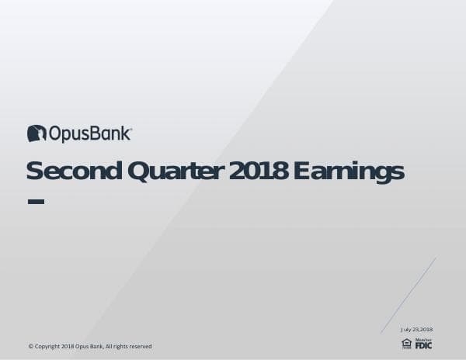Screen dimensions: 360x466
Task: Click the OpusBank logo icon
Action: pyautogui.click(x=37, y=133)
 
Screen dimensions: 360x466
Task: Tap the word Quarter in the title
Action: pyautogui.click(x=176, y=171)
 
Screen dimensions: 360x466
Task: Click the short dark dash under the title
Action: pyautogui.click(x=36, y=202)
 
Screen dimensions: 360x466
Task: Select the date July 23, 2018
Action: pyautogui.click(x=416, y=330)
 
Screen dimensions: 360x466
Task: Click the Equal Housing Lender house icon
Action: pyautogui.click(x=406, y=343)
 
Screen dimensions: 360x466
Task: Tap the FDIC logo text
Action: pyautogui.click(x=423, y=344)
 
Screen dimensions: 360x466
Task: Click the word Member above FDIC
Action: pyautogui.click(x=423, y=339)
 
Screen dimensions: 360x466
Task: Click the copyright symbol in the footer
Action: pyautogui.click(x=30, y=346)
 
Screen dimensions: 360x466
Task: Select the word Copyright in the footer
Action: pyautogui.click(x=47, y=346)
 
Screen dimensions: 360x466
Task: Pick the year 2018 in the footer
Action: pyautogui.click(x=68, y=346)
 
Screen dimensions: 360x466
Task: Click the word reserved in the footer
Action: pyautogui.click(x=139, y=346)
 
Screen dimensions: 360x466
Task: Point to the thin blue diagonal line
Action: pyautogui.click(x=409, y=296)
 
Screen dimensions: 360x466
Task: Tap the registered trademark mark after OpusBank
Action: pyautogui.click(x=130, y=129)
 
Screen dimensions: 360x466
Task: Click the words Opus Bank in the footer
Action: pyautogui.click(x=89, y=346)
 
